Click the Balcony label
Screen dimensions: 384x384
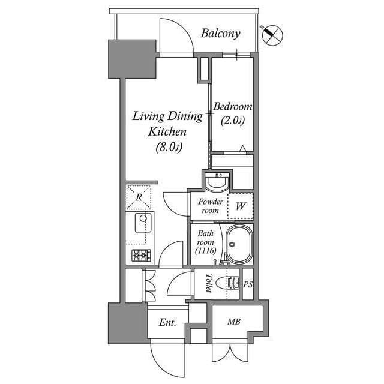point(220,33)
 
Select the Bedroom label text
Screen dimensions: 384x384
point(233,106)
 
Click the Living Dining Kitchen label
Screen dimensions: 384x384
point(167,123)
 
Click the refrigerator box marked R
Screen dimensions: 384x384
point(139,197)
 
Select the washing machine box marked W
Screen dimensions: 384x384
point(240,206)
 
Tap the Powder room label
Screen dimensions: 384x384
point(211,206)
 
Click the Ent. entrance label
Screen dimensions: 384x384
point(167,323)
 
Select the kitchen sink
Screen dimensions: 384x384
point(142,223)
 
